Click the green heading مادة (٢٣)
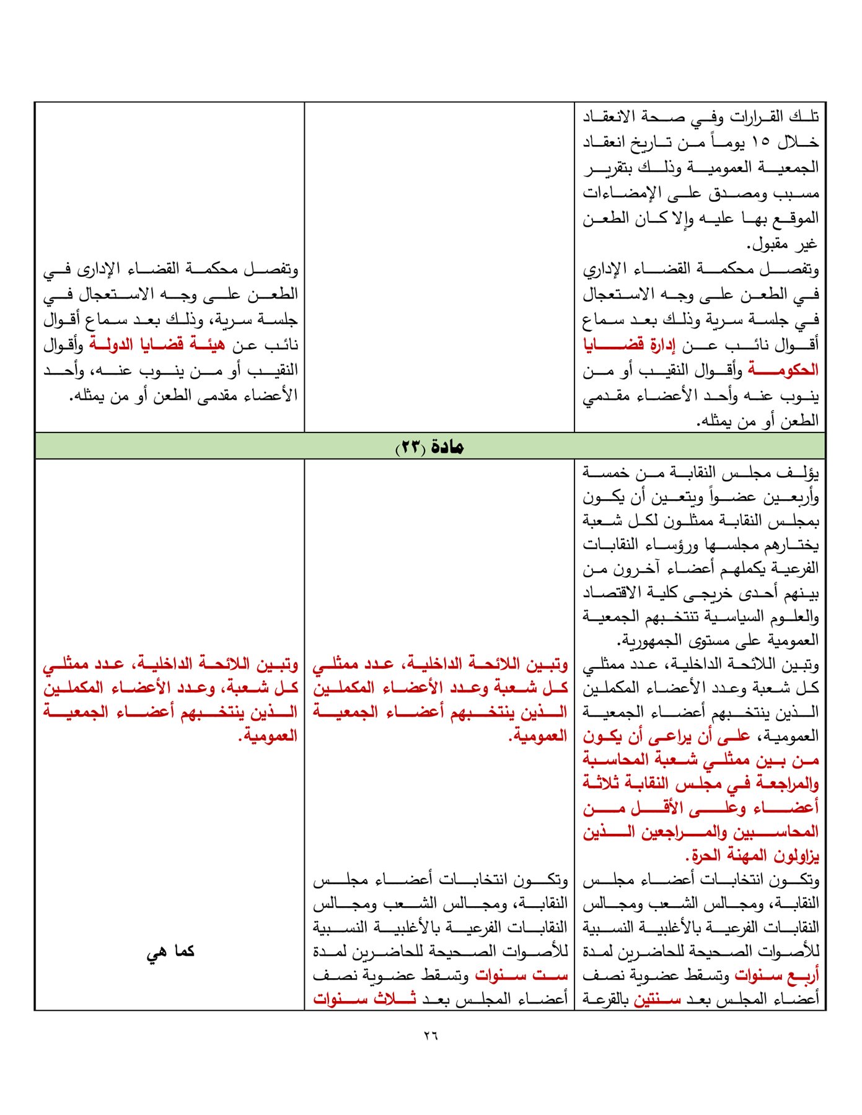click(430, 446)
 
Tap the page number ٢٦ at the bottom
click(431, 1035)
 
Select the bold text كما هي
click(170, 951)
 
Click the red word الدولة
click(112, 344)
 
